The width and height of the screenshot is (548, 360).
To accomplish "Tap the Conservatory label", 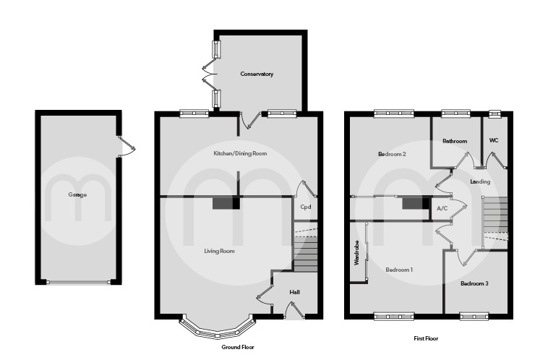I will [257, 74].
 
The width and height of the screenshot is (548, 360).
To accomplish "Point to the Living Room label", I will [220, 251].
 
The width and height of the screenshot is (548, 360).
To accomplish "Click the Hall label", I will [294, 292].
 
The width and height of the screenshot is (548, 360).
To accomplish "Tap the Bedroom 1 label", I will [399, 270].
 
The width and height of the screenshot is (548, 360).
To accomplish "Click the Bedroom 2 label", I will [392, 154].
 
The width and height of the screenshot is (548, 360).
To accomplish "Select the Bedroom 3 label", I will [474, 283].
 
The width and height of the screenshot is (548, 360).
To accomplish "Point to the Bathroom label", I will [455, 141].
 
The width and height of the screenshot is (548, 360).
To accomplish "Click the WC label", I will [494, 140].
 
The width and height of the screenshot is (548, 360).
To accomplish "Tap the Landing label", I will [480, 181].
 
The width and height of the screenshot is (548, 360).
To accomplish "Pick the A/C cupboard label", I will [443, 209].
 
